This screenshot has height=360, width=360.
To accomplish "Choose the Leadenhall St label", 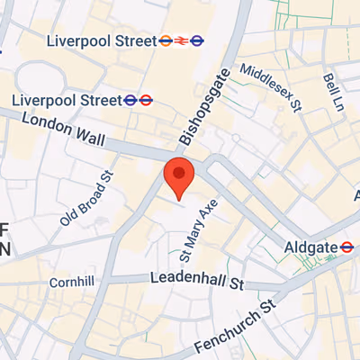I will click(197, 282).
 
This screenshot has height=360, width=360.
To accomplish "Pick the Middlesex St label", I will click(268, 85).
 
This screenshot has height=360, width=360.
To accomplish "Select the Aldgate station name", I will click(310, 247).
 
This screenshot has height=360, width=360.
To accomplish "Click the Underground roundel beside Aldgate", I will click(346, 247).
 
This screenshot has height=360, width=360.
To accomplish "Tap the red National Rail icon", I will click(181, 40).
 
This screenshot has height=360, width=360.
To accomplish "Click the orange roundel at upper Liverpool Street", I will click(165, 40).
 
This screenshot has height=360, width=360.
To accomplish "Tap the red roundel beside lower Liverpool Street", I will click(130, 100).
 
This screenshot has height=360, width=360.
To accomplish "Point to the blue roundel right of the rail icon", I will click(197, 40).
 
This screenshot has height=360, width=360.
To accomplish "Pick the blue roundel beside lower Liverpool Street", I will click(147, 100).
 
